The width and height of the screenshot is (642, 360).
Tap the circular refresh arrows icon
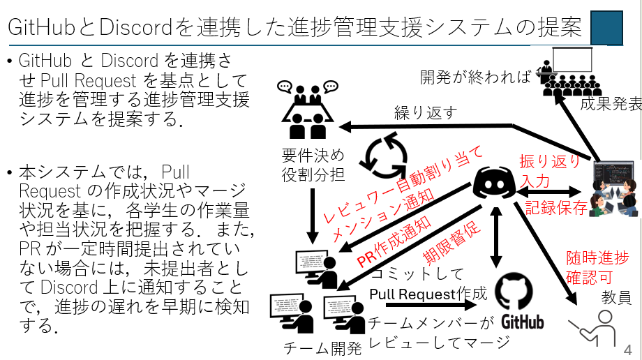[x=382, y=158]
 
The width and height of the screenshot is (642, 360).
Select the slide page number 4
[x=627, y=349]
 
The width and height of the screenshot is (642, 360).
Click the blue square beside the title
[x=606, y=27]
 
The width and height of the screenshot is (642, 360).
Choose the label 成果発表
[x=611, y=105]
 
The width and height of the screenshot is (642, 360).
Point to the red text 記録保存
[x=556, y=207]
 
